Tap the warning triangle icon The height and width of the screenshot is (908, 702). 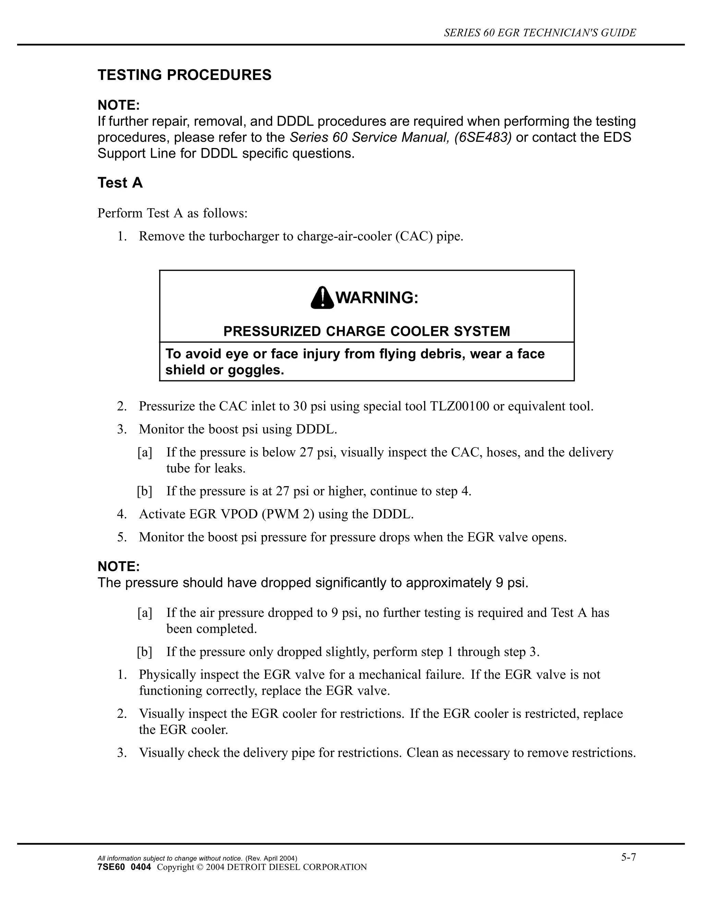(322, 298)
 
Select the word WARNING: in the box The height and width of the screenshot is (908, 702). (376, 298)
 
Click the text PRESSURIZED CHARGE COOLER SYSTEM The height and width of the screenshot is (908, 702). (366, 331)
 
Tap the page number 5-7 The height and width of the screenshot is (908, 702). (628, 857)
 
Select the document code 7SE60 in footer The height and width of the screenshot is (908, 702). (111, 867)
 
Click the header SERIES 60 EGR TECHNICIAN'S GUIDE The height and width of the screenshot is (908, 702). (540, 33)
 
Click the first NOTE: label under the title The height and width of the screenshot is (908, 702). (119, 105)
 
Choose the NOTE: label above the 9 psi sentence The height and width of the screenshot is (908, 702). (119, 567)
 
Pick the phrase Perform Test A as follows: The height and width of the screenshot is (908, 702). (172, 213)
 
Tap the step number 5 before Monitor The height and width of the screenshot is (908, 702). (121, 537)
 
